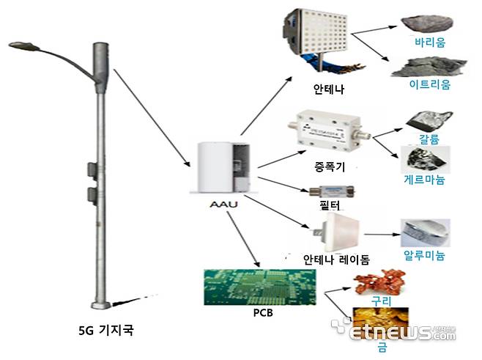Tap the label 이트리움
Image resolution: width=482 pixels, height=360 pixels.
coord(429,85)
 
